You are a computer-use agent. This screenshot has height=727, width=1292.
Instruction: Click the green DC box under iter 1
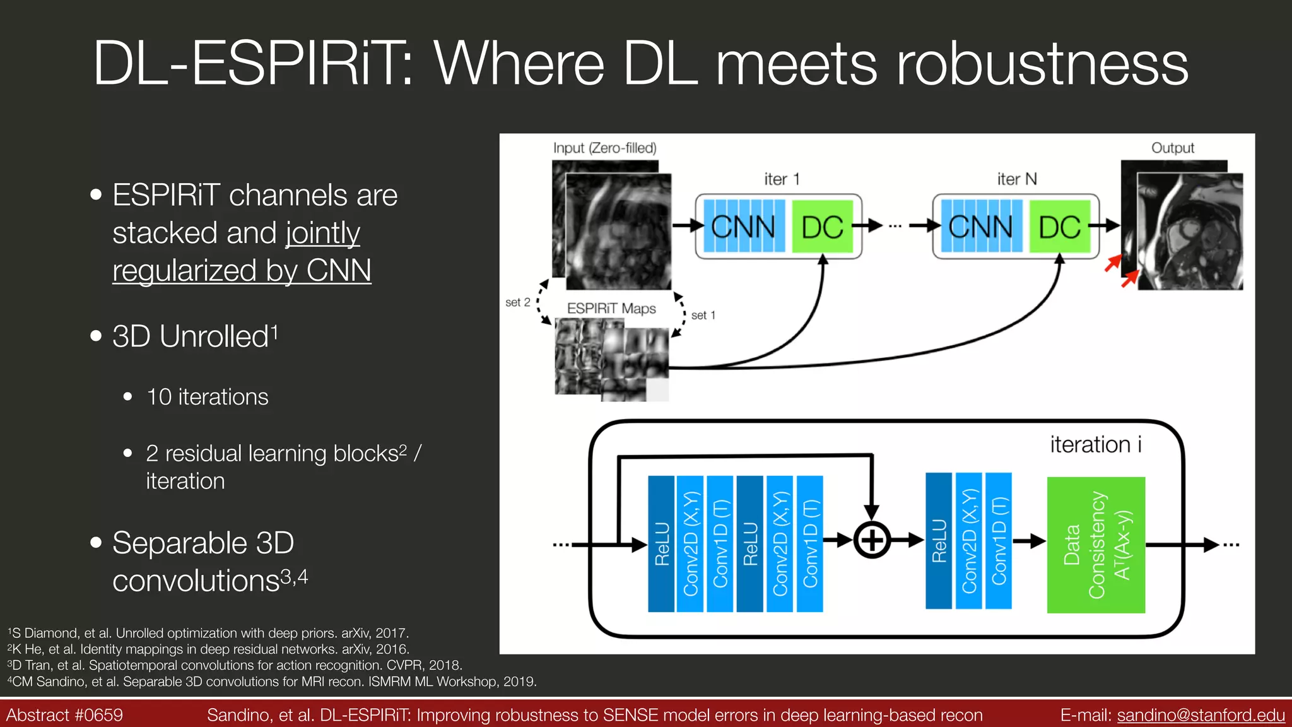pos(822,227)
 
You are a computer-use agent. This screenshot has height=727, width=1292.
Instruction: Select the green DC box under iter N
pos(1059,227)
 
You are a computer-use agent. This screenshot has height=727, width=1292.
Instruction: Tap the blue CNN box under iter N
pos(981,227)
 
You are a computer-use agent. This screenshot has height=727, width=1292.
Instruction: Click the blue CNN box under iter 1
pos(744,227)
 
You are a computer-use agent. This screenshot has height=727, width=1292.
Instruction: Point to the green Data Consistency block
pos(1096,545)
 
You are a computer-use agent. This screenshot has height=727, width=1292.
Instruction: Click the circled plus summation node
pos(872,540)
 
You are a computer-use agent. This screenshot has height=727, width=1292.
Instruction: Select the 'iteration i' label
pos(1096,444)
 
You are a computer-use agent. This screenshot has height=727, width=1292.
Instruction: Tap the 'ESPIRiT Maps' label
pos(611,309)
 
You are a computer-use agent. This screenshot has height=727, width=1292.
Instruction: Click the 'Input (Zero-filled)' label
pos(604,148)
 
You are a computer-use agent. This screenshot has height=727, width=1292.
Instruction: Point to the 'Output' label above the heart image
pos(1172,148)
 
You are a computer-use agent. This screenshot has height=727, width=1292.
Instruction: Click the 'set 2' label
pos(517,302)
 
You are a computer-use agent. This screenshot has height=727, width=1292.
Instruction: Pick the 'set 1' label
pos(703,315)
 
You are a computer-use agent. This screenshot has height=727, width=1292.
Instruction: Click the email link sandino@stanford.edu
pos(1201,715)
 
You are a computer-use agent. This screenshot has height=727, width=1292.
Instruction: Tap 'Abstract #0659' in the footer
pos(64,715)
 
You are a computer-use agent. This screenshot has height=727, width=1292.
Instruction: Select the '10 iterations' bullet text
pos(207,397)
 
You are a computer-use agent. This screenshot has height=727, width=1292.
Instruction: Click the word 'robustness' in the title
pos(1042,63)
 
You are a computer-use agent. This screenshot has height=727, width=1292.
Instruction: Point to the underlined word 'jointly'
pos(322,233)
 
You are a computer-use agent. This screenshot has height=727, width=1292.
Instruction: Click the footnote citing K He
pos(208,649)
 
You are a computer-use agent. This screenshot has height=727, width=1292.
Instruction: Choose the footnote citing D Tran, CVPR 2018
pos(235,665)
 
